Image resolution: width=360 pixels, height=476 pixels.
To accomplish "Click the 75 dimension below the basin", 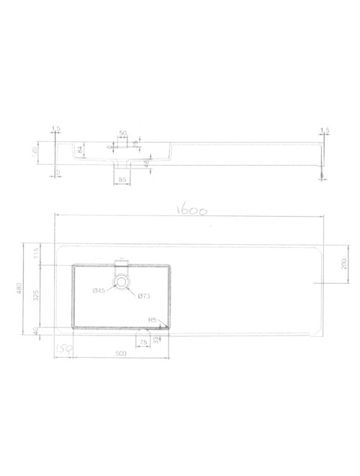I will point(143,342).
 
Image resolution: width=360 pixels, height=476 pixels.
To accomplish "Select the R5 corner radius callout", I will point(153,319).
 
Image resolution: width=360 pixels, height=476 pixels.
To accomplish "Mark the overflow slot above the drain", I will point(122,264).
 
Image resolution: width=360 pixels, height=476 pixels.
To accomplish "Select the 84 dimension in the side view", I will point(79,151).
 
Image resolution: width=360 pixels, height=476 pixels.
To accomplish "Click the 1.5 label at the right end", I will point(325,130).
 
